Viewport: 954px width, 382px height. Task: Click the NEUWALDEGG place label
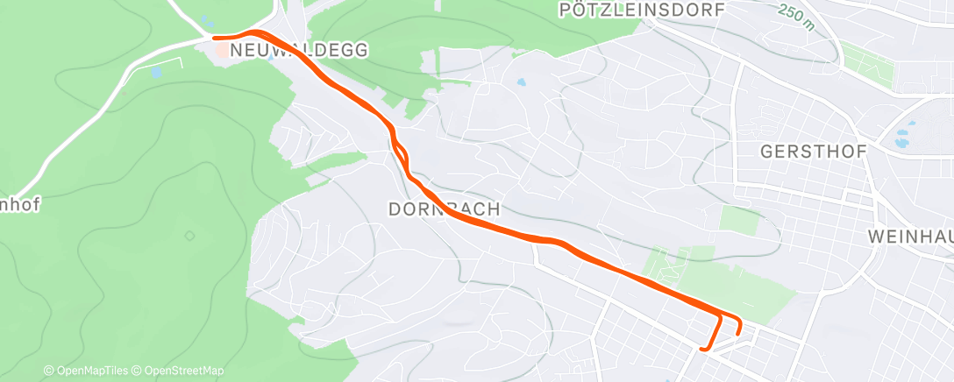pos(298,51)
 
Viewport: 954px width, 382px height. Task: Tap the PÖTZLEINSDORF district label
pos(641,10)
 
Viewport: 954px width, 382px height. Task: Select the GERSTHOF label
pos(813,152)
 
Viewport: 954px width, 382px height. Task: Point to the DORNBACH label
pos(444,209)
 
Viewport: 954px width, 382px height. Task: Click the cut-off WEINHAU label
pos(910,237)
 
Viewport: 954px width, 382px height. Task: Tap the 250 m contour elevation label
pos(795,17)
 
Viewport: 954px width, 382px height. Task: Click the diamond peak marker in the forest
pos(189,236)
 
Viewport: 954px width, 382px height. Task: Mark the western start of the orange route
pos(215,37)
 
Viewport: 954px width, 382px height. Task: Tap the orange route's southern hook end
pos(701,349)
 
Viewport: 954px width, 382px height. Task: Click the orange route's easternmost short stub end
pos(738,332)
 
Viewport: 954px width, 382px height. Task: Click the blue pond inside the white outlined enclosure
pos(156,73)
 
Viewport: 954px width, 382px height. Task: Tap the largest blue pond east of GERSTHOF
pos(901,139)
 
